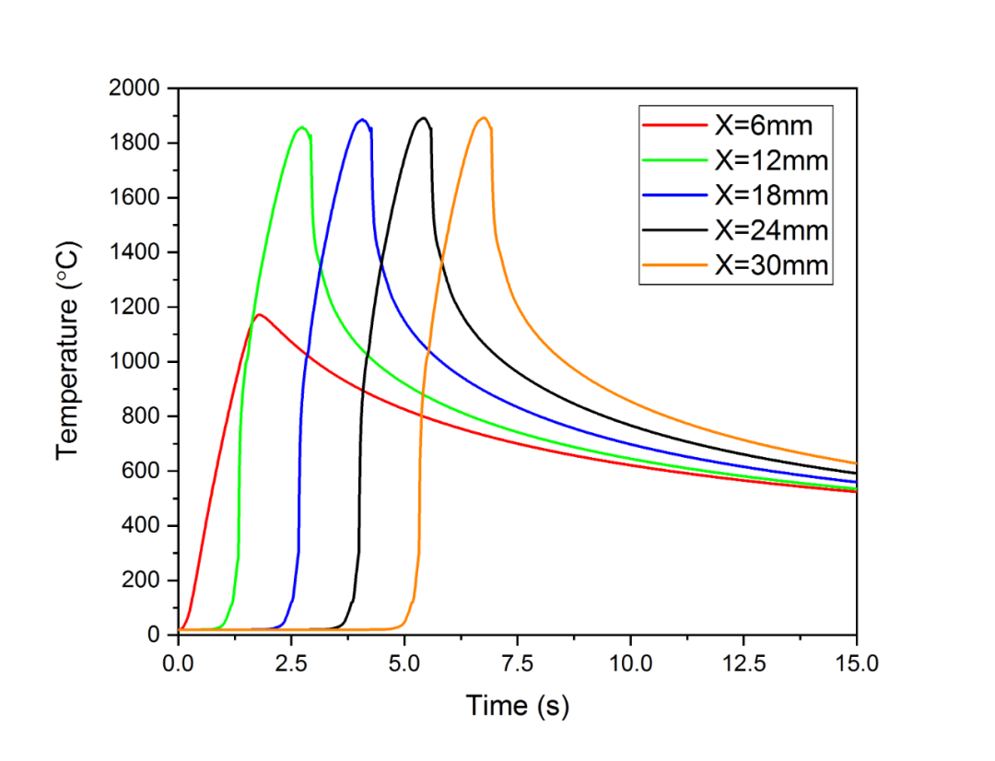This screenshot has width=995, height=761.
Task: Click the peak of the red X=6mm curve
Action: (x=260, y=315)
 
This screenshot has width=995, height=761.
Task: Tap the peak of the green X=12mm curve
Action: (x=302, y=128)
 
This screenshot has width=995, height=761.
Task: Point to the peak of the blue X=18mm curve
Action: (x=363, y=120)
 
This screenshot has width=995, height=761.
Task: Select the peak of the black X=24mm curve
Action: (x=424, y=118)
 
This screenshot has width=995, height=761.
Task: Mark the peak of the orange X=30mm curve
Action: (x=484, y=118)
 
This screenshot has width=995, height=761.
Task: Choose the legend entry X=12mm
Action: (x=770, y=160)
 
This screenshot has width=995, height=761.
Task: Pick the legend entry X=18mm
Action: (x=770, y=195)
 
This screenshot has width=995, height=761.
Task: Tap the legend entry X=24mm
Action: (x=770, y=230)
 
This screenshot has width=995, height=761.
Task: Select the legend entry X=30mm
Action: (x=770, y=265)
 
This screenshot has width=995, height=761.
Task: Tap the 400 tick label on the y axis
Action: (x=145, y=526)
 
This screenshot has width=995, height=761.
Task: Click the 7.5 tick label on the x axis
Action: (x=517, y=662)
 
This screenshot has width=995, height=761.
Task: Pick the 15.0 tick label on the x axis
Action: (x=856, y=662)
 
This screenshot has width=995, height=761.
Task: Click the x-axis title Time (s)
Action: (x=517, y=707)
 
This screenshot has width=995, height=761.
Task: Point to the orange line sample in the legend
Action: (x=675, y=265)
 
